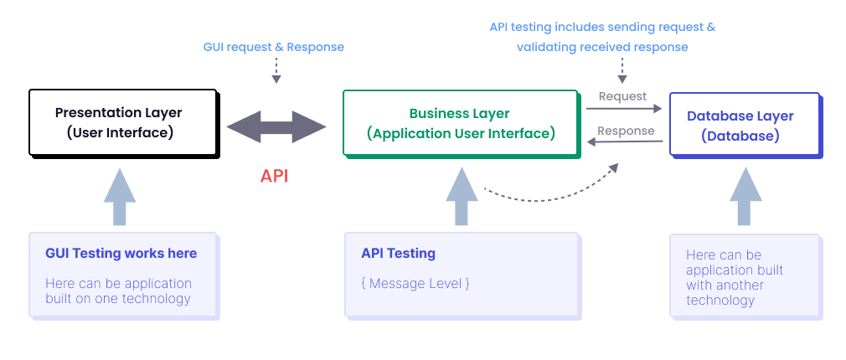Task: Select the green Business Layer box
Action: coord(460,123)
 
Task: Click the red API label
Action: coord(275,176)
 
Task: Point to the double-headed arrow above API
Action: coord(276,127)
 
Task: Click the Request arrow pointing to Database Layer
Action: coord(623,108)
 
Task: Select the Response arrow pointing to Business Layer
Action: coord(625,142)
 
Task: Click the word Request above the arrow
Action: coord(622,96)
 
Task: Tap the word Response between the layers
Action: coord(626,131)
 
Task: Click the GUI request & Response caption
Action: coord(274,47)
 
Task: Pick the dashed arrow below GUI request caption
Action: coord(276,72)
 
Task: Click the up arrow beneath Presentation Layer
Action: coord(120,198)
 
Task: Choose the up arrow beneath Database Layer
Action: coord(745,198)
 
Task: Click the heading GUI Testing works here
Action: coord(121,253)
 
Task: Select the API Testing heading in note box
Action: coord(399,253)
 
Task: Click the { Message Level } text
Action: coord(415,283)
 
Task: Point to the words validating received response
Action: coord(602,47)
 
